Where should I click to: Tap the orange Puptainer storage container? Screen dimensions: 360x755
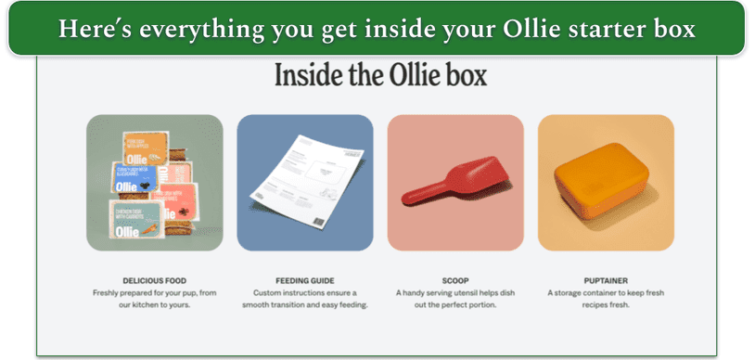[606, 183]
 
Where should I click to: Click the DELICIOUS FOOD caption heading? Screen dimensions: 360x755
[153, 279]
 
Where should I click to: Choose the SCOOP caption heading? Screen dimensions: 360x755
[454, 279]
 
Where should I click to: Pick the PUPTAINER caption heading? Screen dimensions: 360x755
[605, 279]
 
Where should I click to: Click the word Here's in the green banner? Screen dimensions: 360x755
[91, 29]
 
